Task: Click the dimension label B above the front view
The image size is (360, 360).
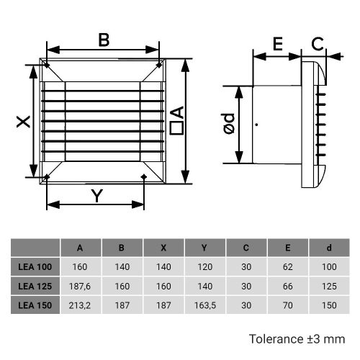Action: click(104, 40)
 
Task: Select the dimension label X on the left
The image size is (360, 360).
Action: click(23, 123)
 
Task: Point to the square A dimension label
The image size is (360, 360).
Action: click(177, 121)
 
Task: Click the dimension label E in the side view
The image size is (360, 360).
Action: click(276, 44)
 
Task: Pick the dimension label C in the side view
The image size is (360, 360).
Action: click(317, 44)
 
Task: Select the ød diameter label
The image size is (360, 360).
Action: click(228, 125)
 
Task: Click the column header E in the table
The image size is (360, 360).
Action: click(287, 248)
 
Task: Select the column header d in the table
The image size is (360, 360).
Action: click(329, 248)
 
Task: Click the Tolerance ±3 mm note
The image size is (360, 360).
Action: click(297, 338)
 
